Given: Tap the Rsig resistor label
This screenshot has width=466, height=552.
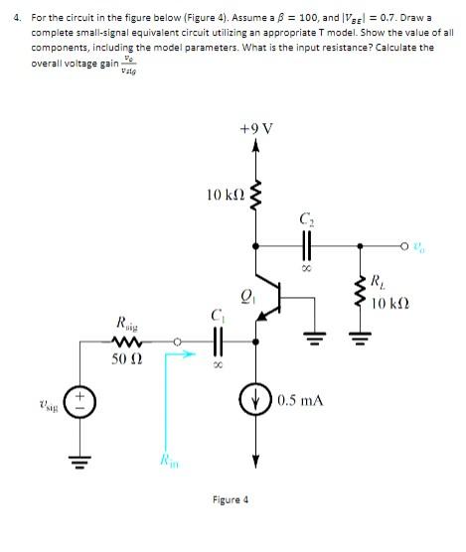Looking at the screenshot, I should point(129,325).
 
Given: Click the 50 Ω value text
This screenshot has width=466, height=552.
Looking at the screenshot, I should point(129,357).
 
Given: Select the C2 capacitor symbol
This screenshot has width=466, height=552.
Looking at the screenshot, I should point(306,245).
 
